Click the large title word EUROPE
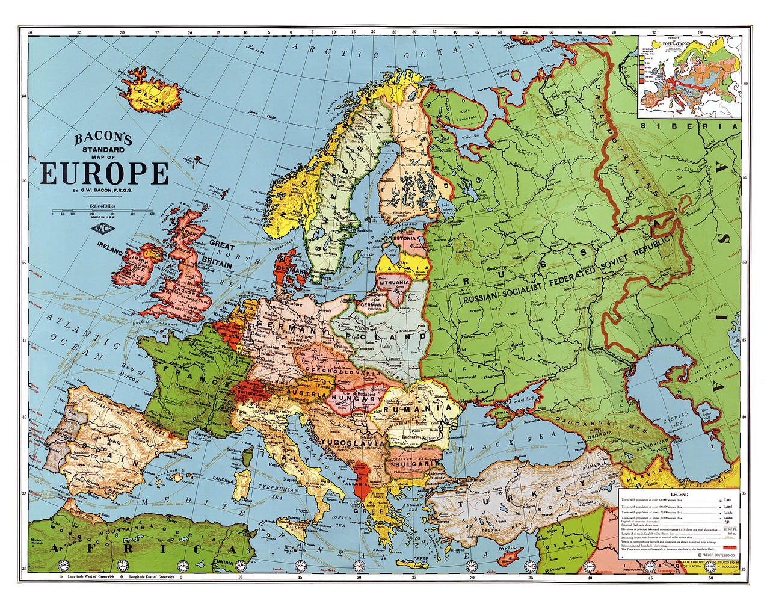pos(104,173)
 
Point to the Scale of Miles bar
pos(102,212)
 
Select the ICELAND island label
pos(153,96)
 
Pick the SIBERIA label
pos(689,126)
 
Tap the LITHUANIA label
pos(395,282)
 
